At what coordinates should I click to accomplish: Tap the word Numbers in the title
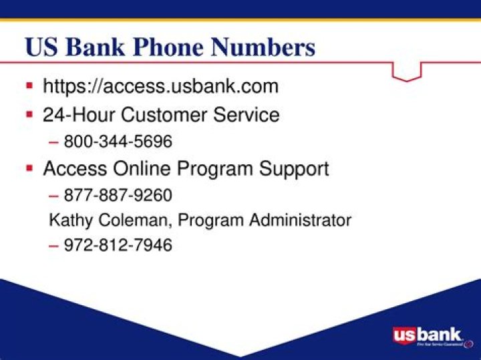point(263,47)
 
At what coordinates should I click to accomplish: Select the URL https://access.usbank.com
point(160,87)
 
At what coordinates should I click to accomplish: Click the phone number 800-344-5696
point(118,142)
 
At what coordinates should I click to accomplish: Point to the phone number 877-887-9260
point(118,195)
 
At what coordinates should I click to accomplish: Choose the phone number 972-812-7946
point(118,245)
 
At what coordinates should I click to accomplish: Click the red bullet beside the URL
point(29,86)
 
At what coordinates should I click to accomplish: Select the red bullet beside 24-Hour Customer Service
point(29,114)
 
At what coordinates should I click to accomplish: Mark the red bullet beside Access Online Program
point(29,168)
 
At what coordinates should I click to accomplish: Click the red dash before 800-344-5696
point(54,142)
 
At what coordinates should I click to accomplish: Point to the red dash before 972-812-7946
point(54,246)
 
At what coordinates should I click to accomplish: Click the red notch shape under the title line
point(406,71)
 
